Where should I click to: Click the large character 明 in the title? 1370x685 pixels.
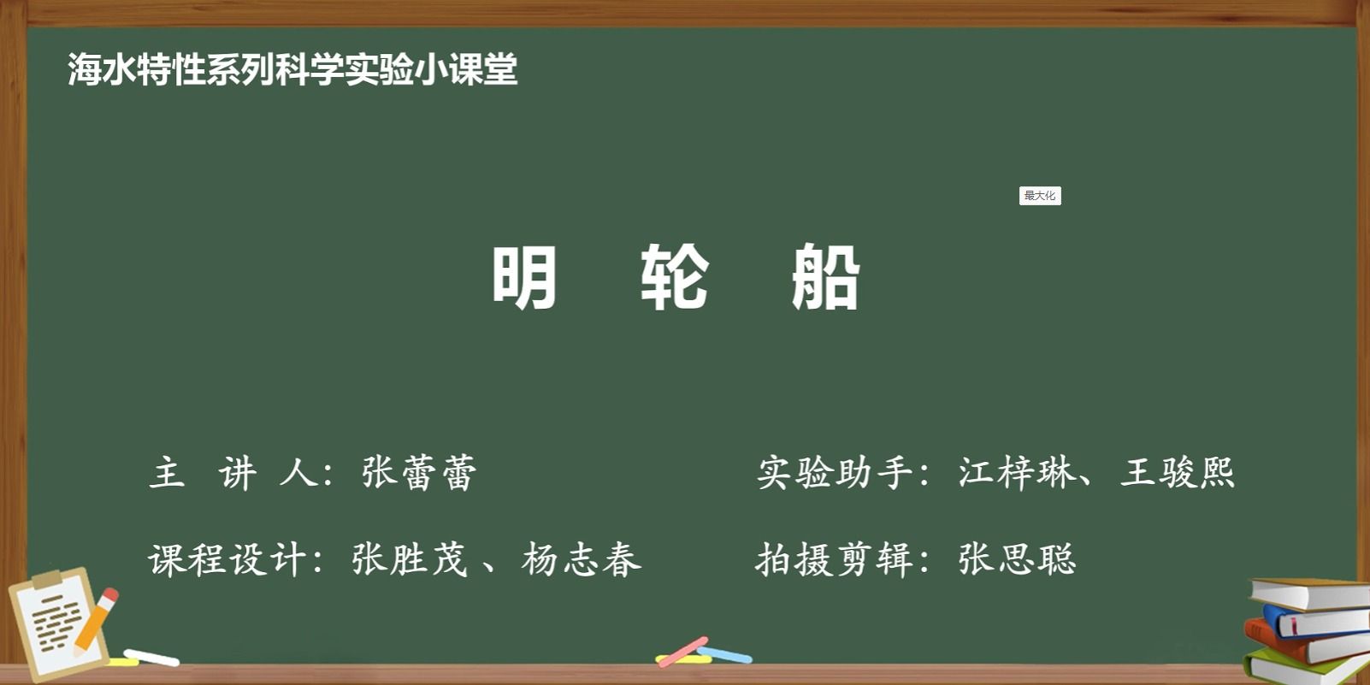point(525,276)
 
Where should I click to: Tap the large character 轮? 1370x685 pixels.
point(675,276)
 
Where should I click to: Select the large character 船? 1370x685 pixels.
point(825,276)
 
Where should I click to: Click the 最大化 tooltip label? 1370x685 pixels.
point(1040,196)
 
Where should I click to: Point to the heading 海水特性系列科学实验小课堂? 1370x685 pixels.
point(292,69)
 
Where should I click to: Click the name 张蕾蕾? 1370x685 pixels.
point(418,472)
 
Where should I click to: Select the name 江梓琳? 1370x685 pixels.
point(1016,472)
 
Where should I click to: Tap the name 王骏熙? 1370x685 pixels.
point(1178,472)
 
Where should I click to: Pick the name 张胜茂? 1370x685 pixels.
point(409,559)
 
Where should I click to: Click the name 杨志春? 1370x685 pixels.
point(581,559)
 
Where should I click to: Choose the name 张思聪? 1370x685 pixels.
point(1017,559)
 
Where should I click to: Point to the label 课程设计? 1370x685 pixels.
point(227,559)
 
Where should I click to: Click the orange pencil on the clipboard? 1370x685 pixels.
point(96,621)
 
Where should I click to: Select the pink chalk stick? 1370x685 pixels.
point(683,652)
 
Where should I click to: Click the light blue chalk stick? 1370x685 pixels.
point(724,655)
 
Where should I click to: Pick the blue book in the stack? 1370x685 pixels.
point(1315,623)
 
